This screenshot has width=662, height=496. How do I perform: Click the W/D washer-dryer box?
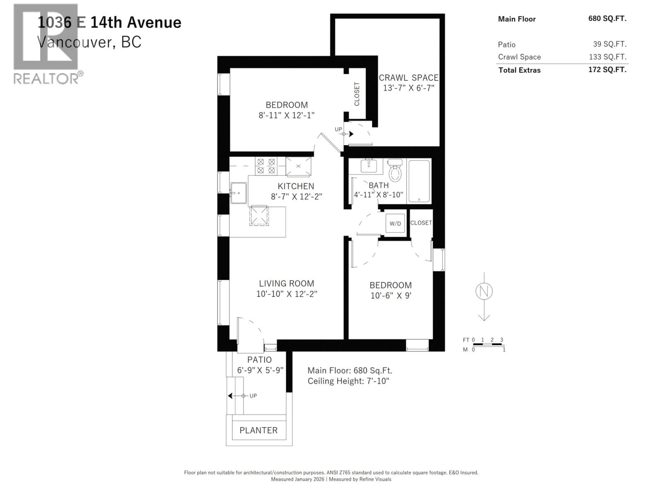point(395,223)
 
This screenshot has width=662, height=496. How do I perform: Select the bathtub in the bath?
point(419,181)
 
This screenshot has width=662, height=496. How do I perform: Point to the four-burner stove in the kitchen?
point(266,166)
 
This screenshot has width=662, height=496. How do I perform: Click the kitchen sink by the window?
point(239,193)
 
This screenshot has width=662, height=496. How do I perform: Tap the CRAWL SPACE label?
point(409,78)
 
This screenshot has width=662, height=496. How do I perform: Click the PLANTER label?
point(259,430)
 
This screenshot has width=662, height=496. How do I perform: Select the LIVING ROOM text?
point(286,283)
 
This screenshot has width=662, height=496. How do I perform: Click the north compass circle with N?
point(484,291)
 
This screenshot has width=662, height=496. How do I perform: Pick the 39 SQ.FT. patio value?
point(610,44)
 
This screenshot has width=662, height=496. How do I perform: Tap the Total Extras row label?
point(519,70)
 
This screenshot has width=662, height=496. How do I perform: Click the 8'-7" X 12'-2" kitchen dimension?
point(296,197)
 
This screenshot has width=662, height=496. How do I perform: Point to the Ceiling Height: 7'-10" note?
point(348,381)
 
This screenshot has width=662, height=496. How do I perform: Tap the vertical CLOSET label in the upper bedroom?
point(357,94)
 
